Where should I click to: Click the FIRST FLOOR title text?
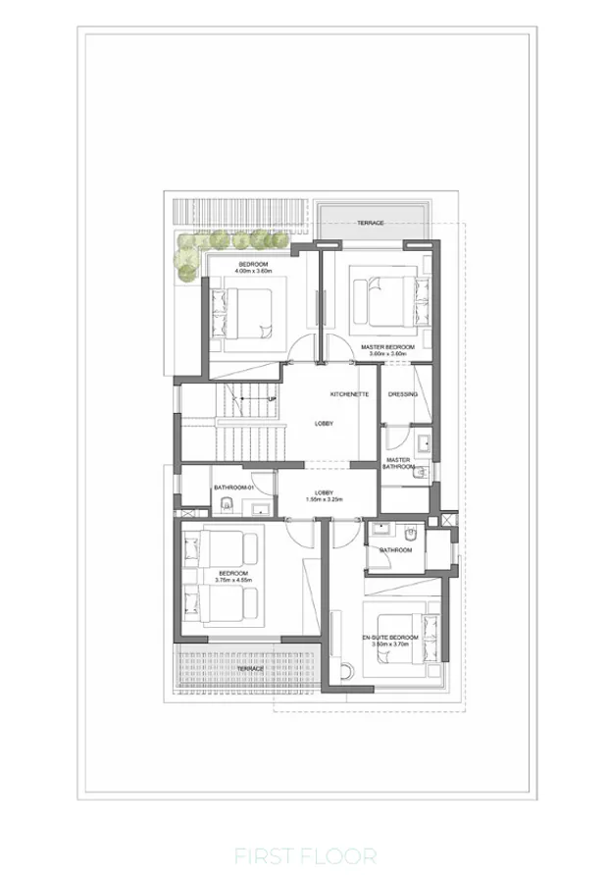304,856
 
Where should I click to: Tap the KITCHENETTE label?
348,393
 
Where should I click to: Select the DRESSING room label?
403,394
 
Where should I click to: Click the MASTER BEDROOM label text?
387,347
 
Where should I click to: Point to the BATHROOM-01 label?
234,488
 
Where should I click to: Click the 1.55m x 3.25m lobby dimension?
324,501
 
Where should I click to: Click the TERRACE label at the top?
370,223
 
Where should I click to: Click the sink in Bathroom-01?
262,508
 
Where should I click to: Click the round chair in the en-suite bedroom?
346,670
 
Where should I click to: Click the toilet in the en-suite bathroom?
411,533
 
